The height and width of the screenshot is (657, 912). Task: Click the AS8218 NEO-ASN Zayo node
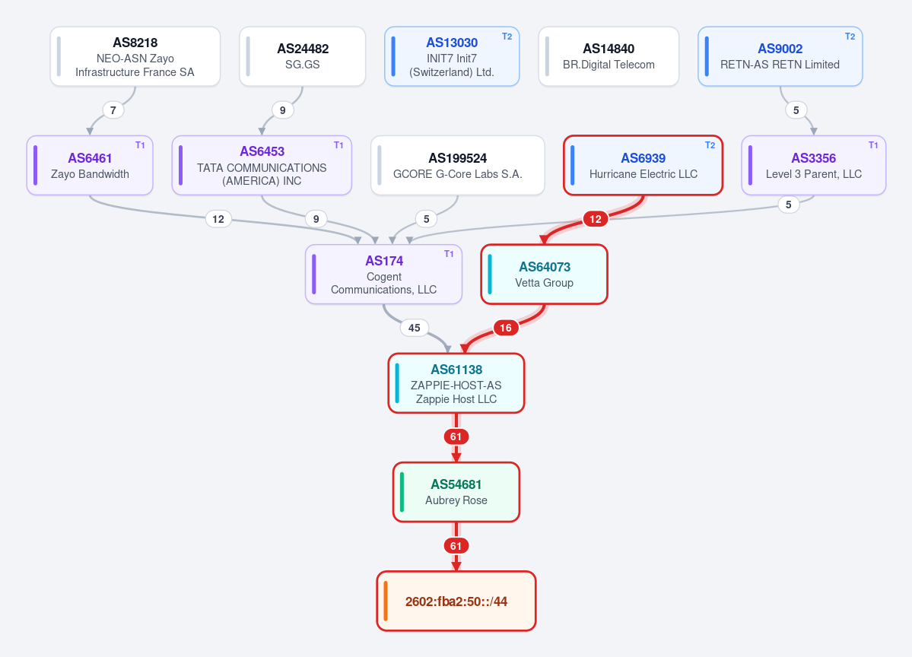tap(135, 56)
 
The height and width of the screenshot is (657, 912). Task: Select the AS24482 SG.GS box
tap(303, 56)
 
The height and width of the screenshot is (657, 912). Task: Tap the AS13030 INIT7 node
tap(452, 56)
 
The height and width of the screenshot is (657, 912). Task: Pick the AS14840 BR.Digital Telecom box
tap(609, 56)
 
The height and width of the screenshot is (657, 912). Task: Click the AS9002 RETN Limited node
tap(780, 56)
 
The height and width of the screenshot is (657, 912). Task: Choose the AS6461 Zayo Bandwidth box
tap(90, 165)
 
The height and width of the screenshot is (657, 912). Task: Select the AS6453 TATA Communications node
tap(262, 165)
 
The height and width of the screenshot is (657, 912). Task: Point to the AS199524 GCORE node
tap(458, 165)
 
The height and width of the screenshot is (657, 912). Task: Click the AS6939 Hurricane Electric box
tap(643, 165)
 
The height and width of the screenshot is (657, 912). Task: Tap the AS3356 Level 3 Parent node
tap(814, 165)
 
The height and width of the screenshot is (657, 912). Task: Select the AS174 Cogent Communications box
tap(384, 274)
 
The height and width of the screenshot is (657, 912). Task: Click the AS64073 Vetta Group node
tap(545, 274)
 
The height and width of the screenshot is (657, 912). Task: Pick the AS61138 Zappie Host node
tap(456, 383)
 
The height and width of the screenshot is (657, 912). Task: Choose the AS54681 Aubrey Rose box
tap(456, 492)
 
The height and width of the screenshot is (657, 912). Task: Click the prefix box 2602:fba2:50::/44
tap(456, 601)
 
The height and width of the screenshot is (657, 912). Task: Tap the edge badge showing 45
tap(414, 328)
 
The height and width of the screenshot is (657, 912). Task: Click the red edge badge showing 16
tap(506, 328)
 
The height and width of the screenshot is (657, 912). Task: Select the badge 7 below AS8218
tap(113, 110)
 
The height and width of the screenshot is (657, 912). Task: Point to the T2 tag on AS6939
tap(710, 145)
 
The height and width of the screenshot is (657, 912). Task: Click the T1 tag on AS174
tap(449, 254)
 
